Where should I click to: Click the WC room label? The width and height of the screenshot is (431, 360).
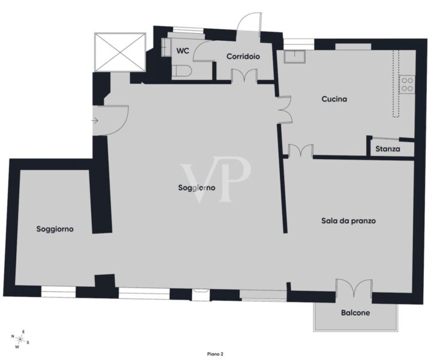[183, 51]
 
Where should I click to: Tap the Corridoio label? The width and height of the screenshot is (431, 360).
[243, 56]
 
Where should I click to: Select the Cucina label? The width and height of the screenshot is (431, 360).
[334, 99]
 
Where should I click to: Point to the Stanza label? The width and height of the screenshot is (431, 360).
[388, 149]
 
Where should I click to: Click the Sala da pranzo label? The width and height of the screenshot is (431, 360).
[348, 221]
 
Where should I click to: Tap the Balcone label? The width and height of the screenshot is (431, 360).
[355, 313]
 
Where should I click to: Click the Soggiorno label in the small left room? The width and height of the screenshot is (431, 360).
[55, 229]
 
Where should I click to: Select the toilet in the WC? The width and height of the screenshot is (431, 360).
[182, 71]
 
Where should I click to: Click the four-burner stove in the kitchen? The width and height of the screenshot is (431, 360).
[407, 84]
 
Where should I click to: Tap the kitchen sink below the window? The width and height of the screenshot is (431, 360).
[295, 56]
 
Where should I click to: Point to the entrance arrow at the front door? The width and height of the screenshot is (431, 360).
[95, 120]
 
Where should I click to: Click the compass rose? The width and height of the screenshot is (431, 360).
[20, 339]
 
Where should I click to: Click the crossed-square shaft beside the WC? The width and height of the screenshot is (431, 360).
[120, 52]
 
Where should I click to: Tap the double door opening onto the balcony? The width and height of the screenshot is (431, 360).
[354, 288]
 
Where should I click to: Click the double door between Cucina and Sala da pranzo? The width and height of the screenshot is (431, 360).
[301, 151]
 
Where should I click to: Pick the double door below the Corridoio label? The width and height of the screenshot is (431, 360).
[245, 76]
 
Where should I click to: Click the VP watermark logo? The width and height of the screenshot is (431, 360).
[215, 179]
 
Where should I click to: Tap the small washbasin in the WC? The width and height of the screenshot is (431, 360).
[166, 47]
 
